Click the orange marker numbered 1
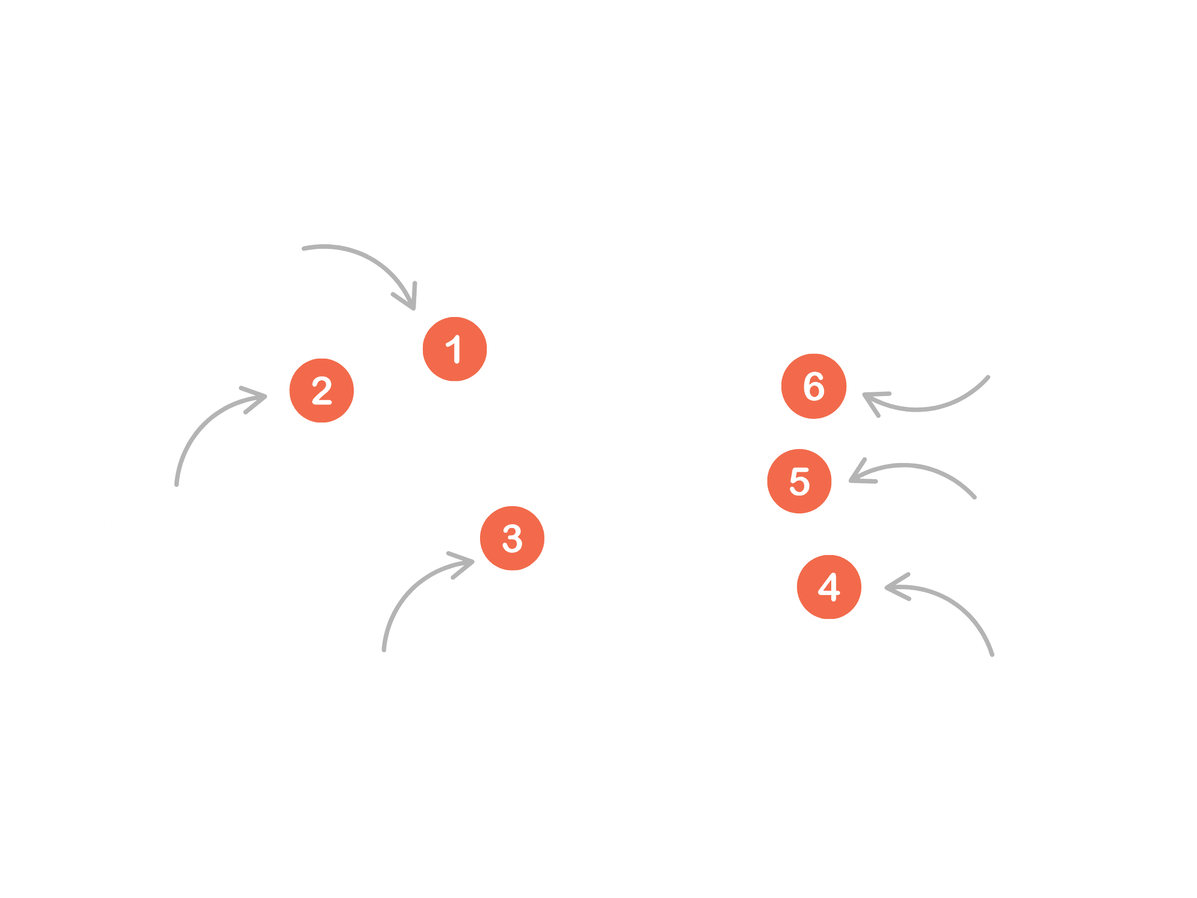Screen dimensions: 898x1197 pyautogui.click(x=455, y=349)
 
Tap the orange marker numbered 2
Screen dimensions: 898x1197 pyautogui.click(x=322, y=390)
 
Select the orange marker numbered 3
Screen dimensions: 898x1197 pyautogui.click(x=512, y=538)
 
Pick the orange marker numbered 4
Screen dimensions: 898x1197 pyautogui.click(x=829, y=587)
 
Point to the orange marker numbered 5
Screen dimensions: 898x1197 pyautogui.click(x=799, y=481)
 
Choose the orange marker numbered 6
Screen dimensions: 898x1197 pyautogui.click(x=814, y=386)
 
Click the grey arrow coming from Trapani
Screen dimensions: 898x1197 pyautogui.click(x=206, y=428)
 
